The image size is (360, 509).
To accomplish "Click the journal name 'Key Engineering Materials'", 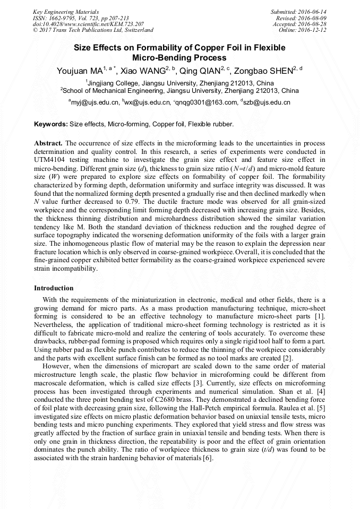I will click(58, 11).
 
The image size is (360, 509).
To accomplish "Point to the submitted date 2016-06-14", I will click(312, 11).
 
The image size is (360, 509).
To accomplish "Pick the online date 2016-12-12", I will click(313, 30).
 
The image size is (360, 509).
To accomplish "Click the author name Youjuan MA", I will click(80, 70).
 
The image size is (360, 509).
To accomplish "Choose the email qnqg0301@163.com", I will click(204, 102).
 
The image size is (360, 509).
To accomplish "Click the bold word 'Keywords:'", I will click(51, 124).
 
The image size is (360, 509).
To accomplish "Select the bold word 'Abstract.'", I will click(48, 144).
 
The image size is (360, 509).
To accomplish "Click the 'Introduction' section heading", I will click(54, 288).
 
